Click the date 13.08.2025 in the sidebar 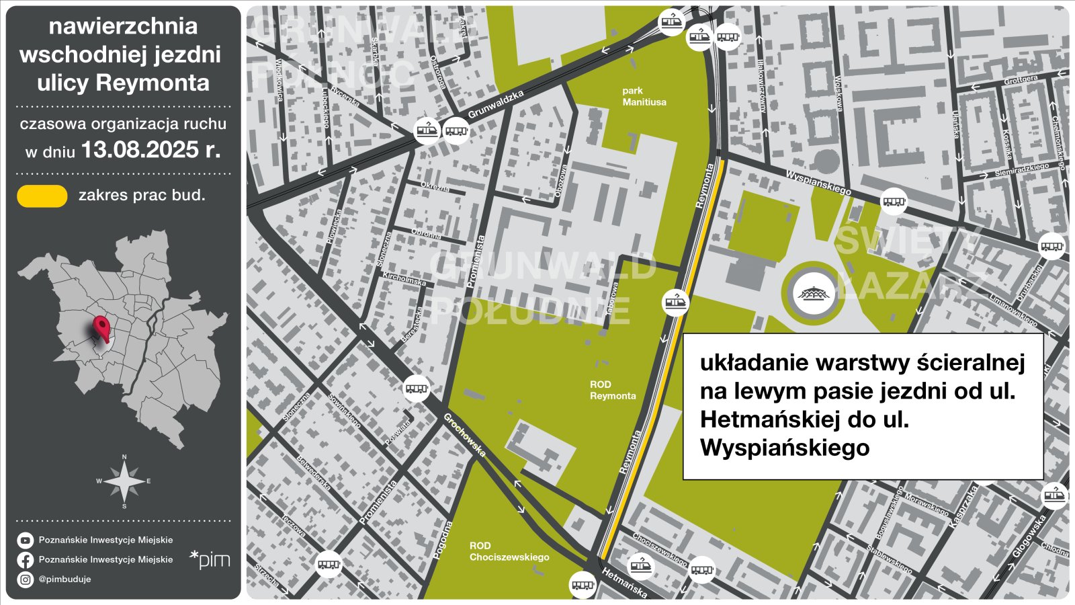[x=150, y=150]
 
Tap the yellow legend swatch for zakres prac [x=42, y=196]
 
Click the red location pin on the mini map [x=101, y=329]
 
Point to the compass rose [x=124, y=481]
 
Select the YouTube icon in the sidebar [x=26, y=540]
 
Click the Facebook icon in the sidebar [x=26, y=560]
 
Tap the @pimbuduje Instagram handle [x=64, y=579]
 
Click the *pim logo [x=210, y=560]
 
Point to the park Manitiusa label [x=644, y=96]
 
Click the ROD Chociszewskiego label [x=509, y=551]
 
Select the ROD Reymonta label [x=612, y=391]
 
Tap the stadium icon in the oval [x=814, y=294]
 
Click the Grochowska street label [x=464, y=435]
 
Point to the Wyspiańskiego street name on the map [x=818, y=182]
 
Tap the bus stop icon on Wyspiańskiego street [x=894, y=201]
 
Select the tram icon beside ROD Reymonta [x=676, y=303]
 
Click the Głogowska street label [x=1029, y=536]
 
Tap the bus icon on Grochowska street [x=417, y=389]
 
